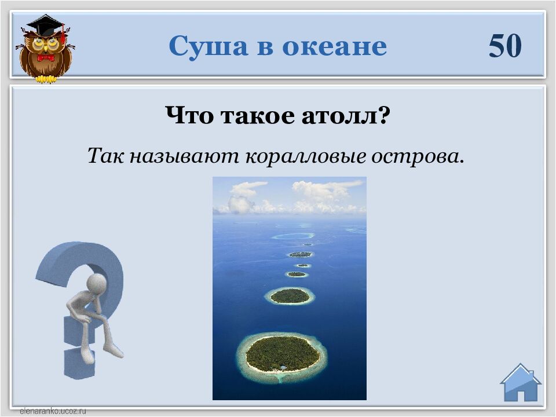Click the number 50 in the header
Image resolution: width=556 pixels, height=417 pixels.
(x=505, y=46)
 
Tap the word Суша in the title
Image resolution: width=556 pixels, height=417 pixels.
(x=208, y=46)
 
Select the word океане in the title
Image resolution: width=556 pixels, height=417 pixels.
(x=334, y=47)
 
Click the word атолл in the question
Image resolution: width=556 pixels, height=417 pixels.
(x=346, y=115)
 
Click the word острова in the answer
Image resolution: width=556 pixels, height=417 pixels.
(x=418, y=156)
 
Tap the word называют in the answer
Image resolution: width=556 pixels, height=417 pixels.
(x=184, y=156)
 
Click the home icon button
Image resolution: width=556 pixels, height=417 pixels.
(x=521, y=382)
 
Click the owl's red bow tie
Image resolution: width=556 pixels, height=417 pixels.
(x=46, y=57)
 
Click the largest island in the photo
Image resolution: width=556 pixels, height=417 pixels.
(x=283, y=354)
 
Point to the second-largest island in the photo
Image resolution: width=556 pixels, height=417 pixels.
(x=290, y=296)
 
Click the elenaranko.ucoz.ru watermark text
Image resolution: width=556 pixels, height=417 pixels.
(x=53, y=411)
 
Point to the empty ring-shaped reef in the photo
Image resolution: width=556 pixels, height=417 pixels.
(x=293, y=236)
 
